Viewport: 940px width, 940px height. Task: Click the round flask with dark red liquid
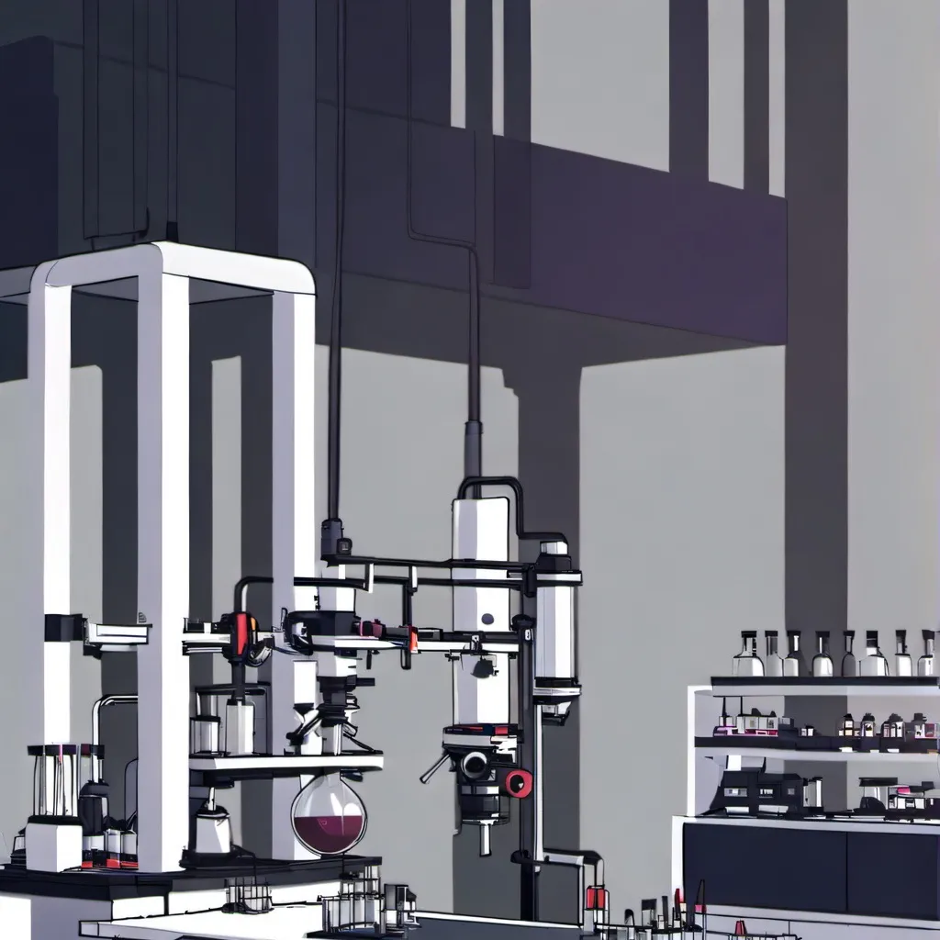click(329, 813)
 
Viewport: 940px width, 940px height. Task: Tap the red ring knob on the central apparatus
click(519, 782)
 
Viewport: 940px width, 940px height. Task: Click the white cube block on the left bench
click(53, 845)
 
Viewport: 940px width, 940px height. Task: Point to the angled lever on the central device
click(435, 767)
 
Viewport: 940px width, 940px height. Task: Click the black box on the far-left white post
click(64, 628)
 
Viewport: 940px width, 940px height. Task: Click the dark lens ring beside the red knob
click(476, 764)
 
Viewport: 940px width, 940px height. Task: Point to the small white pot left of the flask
click(213, 831)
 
